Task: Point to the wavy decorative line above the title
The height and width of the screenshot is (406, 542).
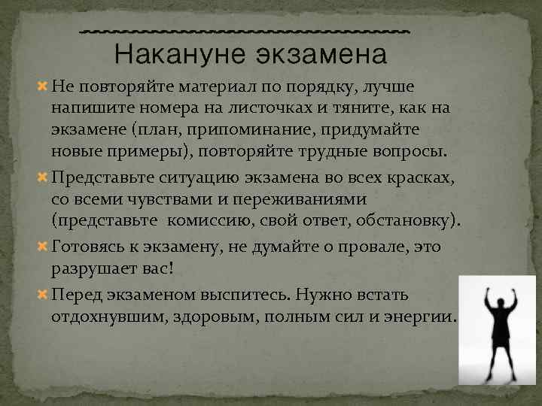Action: pos(245,31)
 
